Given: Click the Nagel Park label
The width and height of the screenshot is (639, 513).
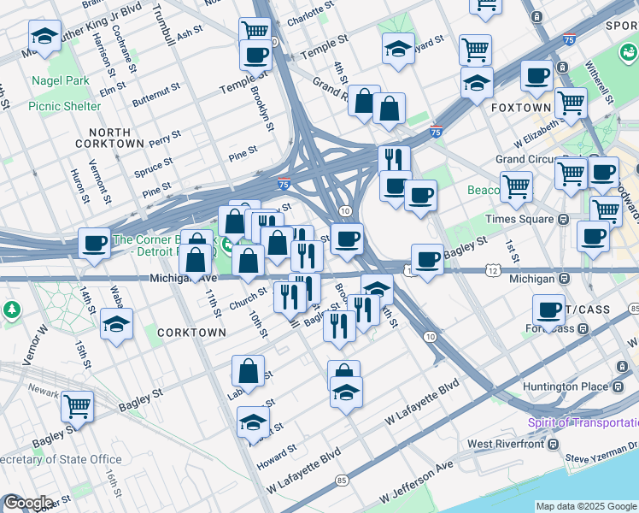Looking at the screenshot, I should (61, 80).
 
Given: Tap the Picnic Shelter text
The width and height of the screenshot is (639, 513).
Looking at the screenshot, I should (64, 106).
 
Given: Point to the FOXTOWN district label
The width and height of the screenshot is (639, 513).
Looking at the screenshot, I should (521, 109).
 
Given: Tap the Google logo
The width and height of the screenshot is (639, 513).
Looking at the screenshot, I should (29, 502).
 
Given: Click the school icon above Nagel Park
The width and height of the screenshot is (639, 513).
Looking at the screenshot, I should (44, 36).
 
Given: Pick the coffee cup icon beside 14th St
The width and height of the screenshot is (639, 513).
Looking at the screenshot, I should (95, 243).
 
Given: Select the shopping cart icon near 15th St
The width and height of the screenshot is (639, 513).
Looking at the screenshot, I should (77, 406).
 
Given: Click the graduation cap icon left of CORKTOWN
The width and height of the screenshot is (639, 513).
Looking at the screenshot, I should (116, 324).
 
